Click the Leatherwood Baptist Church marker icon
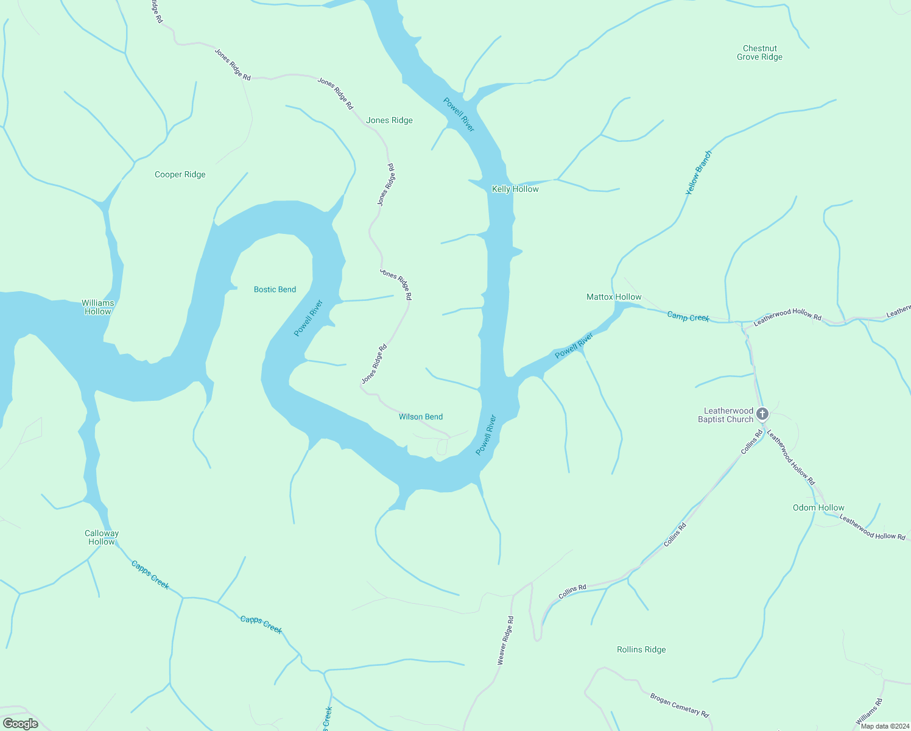[762, 414]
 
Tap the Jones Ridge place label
[389, 121]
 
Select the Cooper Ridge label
[180, 175]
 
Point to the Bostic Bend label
[275, 289]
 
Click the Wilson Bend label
[420, 417]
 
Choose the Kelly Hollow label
[515, 189]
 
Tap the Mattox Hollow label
[614, 297]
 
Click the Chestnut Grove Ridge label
[759, 53]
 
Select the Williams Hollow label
[97, 307]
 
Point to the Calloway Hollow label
[102, 537]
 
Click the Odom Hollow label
[818, 508]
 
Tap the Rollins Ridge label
[641, 650]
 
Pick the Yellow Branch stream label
[698, 172]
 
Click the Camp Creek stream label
[688, 317]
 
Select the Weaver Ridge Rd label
[505, 640]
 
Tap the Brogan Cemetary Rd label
[679, 705]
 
